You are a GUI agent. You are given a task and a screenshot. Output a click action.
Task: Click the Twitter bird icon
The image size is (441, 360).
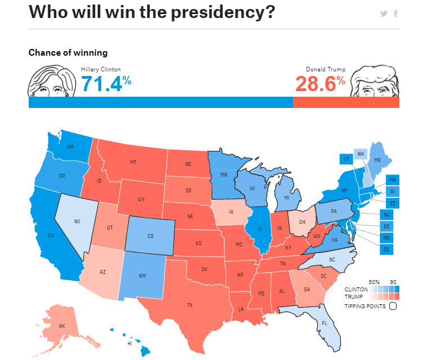(x=384, y=13)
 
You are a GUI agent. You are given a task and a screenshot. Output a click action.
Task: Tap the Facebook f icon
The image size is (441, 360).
(x=395, y=13)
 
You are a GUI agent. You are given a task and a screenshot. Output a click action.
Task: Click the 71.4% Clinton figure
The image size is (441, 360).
(x=106, y=84)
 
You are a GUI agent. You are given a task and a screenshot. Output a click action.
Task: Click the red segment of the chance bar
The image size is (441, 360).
(x=346, y=102)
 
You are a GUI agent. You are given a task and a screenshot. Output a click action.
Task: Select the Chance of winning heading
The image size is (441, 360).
(x=67, y=53)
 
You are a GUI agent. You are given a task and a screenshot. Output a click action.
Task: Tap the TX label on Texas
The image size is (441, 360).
(x=190, y=305)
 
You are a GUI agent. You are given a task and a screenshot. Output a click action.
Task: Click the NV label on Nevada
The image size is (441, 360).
(x=78, y=221)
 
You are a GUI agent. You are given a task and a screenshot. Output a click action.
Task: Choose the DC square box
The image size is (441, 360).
(x=386, y=248)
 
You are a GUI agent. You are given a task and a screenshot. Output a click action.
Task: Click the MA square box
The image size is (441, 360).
(x=392, y=179)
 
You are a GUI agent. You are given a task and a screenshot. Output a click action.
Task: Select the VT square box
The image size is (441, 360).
(x=346, y=159)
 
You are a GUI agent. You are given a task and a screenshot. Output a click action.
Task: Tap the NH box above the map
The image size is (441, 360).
(x=361, y=154)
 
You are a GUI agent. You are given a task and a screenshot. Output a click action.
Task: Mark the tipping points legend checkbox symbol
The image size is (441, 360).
(x=393, y=306)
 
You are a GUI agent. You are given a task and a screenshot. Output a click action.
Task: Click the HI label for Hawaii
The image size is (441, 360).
(x=130, y=343)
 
